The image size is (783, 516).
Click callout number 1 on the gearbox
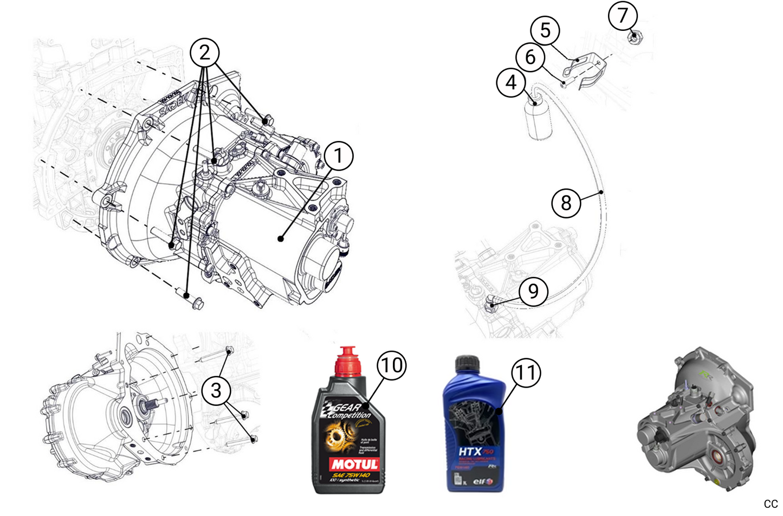pos(338,156)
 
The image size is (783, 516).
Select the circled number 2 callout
pos(204,53)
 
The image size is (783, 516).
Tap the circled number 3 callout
pos(216,390)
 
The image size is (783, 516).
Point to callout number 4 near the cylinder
pos(511,83)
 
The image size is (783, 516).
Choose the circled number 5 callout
pos(545,30)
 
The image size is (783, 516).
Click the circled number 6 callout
pos(530,56)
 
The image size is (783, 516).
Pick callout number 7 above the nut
pos(623,15)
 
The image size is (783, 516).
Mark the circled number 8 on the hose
pos(566,203)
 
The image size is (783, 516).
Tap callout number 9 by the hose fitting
pos(533,291)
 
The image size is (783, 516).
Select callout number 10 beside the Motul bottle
pos(391,365)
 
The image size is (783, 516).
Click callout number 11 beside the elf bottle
pos(526,373)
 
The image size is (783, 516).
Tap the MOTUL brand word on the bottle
pos(354,464)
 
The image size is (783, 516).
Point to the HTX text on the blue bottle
pos(470,451)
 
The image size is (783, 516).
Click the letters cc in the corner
pos(771,504)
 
